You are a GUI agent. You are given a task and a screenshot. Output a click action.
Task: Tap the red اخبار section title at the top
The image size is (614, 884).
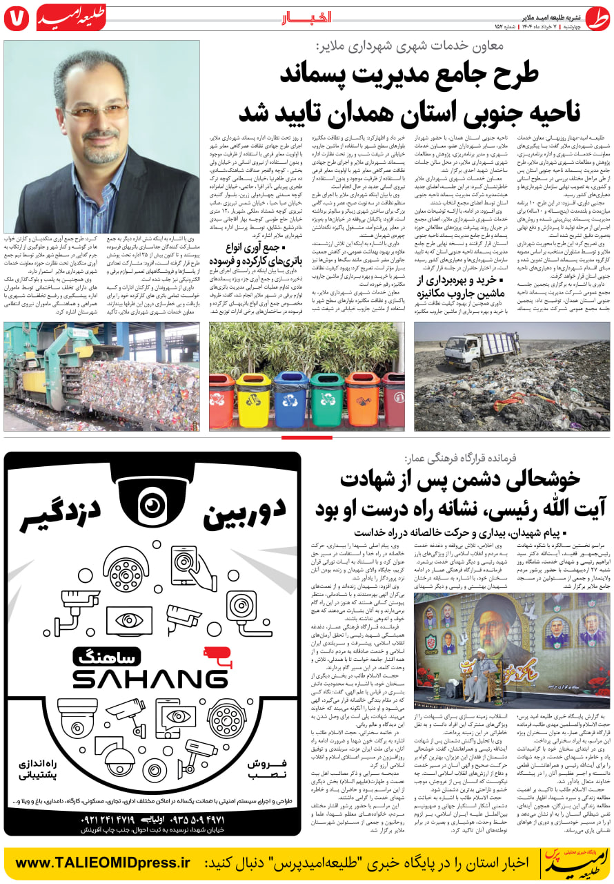coord(307,17)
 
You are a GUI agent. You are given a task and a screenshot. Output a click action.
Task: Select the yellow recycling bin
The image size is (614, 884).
coord(253,399)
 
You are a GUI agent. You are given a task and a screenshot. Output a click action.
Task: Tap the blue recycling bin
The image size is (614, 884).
coord(290,399)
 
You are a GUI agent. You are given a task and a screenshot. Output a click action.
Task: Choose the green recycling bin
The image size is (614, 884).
coord(326,399)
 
